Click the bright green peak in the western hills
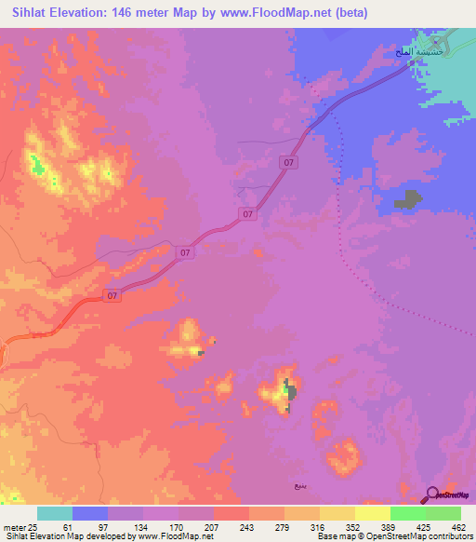(x=38, y=168)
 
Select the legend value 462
(x=458, y=527)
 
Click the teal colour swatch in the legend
(x=55, y=513)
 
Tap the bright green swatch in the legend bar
(x=407, y=513)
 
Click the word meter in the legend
(x=13, y=527)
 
